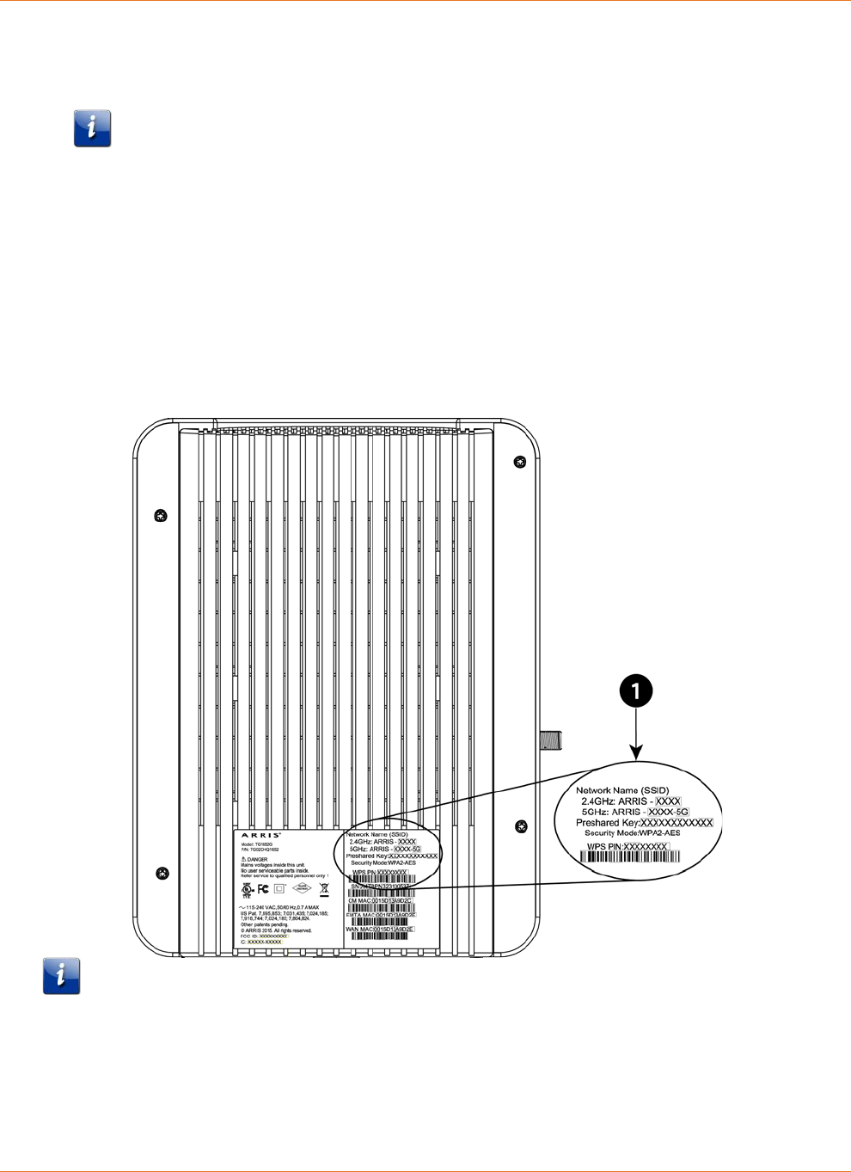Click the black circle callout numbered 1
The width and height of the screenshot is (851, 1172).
pyautogui.click(x=635, y=691)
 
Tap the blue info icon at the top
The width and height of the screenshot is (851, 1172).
pyautogui.click(x=92, y=128)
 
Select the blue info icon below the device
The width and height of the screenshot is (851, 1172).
pyautogui.click(x=62, y=976)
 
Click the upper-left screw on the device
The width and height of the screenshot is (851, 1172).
pyautogui.click(x=160, y=516)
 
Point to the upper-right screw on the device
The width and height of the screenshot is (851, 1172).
pyautogui.click(x=519, y=463)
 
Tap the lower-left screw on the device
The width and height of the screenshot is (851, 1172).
pyautogui.click(x=162, y=874)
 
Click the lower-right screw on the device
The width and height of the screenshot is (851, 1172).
pyautogui.click(x=521, y=827)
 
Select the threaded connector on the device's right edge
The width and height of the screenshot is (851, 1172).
pyautogui.click(x=551, y=739)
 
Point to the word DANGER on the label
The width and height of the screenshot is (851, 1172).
pyautogui.click(x=257, y=859)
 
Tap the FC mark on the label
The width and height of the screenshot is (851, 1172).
pyautogui.click(x=263, y=889)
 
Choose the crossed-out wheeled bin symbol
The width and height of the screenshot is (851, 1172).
pyautogui.click(x=324, y=889)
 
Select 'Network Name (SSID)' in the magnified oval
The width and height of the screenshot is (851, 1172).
pyautogui.click(x=621, y=790)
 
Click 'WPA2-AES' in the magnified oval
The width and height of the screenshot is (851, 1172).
pyautogui.click(x=659, y=833)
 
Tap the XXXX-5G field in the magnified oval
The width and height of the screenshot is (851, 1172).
pyautogui.click(x=668, y=812)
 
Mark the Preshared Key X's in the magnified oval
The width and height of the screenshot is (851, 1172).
pyautogui.click(x=677, y=823)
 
